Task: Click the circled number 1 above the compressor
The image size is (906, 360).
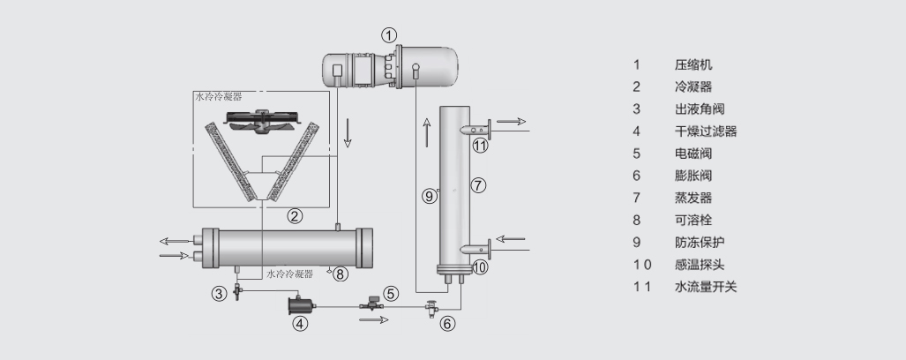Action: pos(389,35)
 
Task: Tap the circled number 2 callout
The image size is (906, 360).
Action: pos(295,216)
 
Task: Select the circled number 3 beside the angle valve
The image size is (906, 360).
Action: pos(219,294)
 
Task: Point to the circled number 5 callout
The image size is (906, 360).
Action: pos(391,294)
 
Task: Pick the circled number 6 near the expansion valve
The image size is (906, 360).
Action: pos(448,324)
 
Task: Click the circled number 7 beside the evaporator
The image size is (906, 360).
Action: pos(478,185)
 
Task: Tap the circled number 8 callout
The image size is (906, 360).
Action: pos(341,274)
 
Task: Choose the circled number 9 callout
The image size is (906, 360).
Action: pos(430,197)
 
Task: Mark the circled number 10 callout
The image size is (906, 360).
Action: pos(480,267)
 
